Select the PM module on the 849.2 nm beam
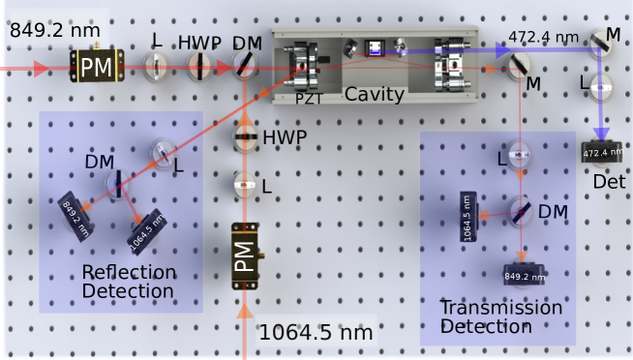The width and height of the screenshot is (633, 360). tap(98, 68)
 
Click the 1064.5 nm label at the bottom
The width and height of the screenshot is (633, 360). tap(316, 334)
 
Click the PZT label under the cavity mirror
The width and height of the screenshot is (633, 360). tap(308, 98)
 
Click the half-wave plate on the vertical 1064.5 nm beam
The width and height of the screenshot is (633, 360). tap(247, 137)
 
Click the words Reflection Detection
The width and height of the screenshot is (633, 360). tap(129, 281)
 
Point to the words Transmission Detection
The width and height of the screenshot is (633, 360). tap(500, 316)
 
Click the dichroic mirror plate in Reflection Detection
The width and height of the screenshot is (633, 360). tap(118, 183)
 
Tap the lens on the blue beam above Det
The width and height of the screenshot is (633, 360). tap(601, 86)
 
